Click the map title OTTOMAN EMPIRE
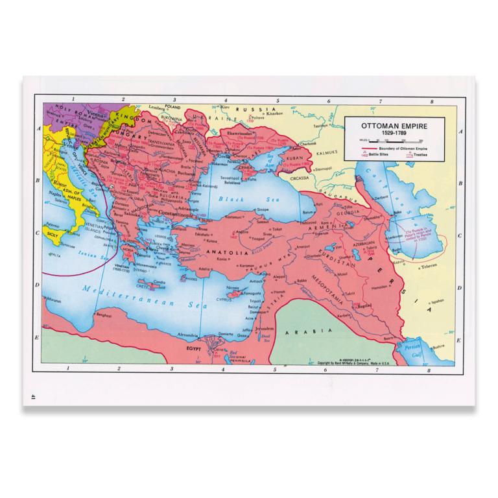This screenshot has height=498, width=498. click(394, 124)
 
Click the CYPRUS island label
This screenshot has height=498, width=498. click(224, 300)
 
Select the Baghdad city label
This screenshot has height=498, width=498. click(364, 305)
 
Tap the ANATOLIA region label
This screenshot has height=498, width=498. click(227, 252)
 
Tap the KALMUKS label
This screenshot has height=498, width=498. click(327, 152)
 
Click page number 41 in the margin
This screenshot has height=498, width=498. click(32, 396)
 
